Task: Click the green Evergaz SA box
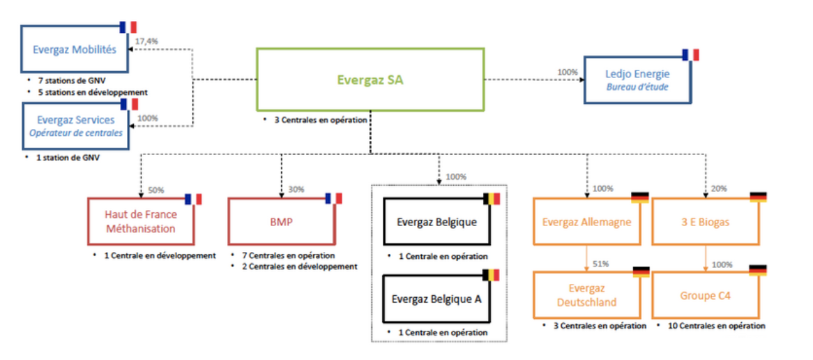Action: (370, 80)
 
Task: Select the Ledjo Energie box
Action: (638, 79)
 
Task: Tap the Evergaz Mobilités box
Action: (75, 50)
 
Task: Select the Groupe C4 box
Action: (705, 295)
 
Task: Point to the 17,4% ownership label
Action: (146, 41)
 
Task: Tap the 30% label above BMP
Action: (296, 189)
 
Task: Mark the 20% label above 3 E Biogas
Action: (718, 189)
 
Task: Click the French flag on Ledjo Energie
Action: (690, 54)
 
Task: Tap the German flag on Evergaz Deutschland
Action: (640, 271)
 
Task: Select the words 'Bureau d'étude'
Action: (637, 88)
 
